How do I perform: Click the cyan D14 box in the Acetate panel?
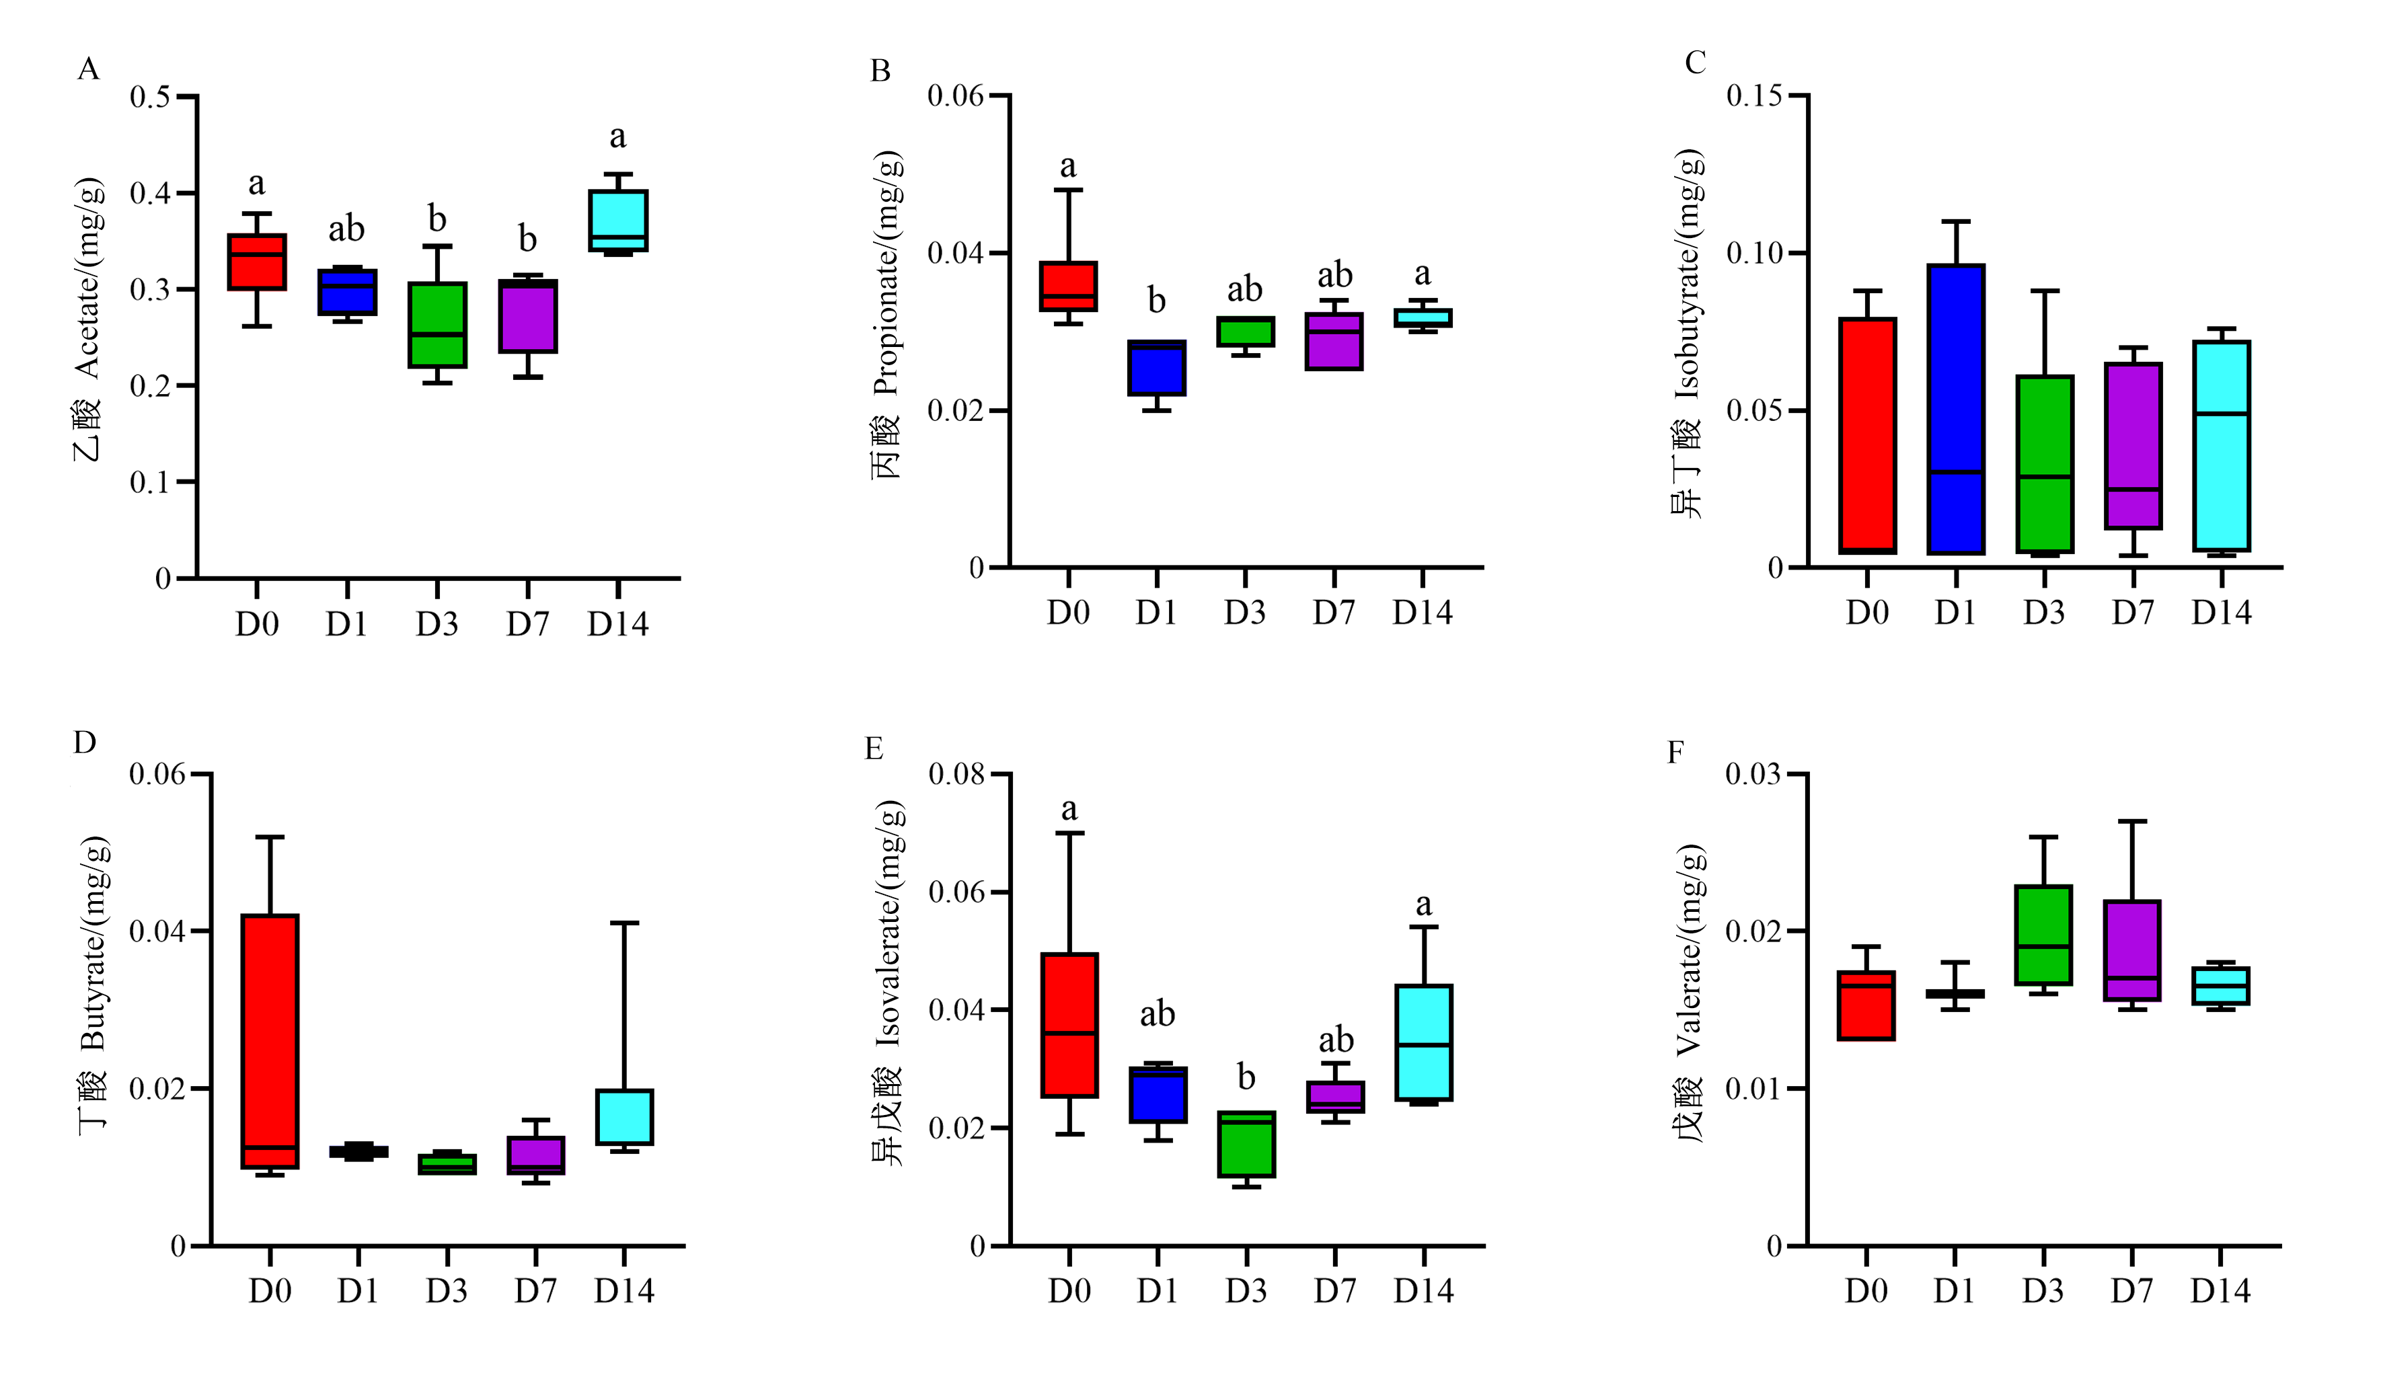(x=617, y=221)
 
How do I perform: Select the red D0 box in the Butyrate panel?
(x=270, y=1041)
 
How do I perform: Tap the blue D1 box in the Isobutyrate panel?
(x=1956, y=410)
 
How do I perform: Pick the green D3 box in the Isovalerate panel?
(x=1246, y=1144)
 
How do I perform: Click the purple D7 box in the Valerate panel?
(x=2131, y=950)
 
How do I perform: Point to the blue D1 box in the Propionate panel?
(x=1156, y=368)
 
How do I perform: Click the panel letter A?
(x=88, y=69)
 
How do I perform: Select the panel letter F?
(x=1675, y=753)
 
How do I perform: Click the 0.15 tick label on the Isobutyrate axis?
(x=1755, y=95)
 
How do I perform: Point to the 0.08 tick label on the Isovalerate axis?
(x=957, y=775)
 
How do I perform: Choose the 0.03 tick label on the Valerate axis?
(x=1753, y=775)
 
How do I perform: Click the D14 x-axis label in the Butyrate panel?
(x=624, y=1290)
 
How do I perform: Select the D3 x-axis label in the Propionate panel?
(x=1244, y=613)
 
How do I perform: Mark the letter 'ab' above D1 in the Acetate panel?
(x=346, y=229)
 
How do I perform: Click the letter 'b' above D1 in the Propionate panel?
(x=1156, y=301)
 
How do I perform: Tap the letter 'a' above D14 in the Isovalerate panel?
(x=1423, y=905)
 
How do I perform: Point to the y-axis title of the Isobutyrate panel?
(x=1687, y=333)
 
